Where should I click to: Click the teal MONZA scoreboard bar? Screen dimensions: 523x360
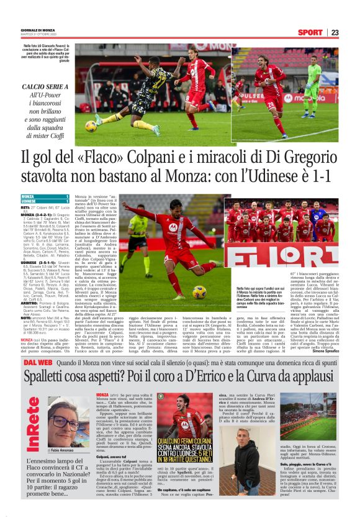click(x=36, y=197)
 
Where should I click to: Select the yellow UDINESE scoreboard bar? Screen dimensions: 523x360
click(x=36, y=202)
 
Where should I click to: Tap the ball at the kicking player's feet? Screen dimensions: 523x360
click(x=199, y=291)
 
